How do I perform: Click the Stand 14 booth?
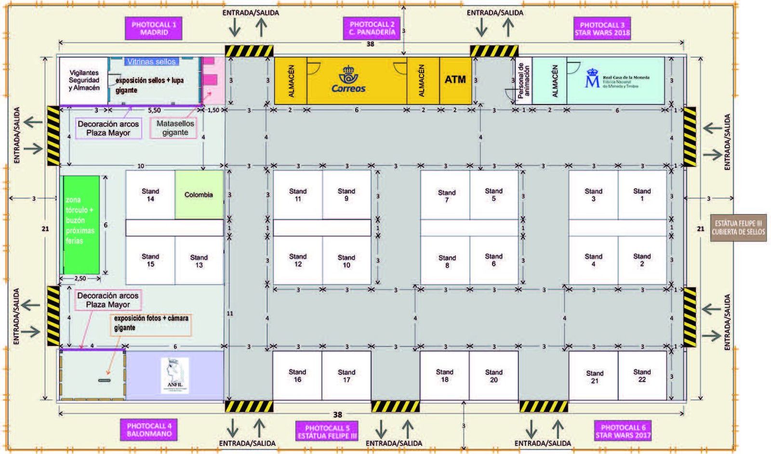tap(150, 195)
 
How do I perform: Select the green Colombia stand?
tap(199, 195)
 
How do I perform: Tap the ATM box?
tap(455, 80)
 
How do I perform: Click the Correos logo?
tap(348, 80)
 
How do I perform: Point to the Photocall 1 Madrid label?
tap(154, 28)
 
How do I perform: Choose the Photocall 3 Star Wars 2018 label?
tap(602, 28)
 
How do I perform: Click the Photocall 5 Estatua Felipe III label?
tap(327, 431)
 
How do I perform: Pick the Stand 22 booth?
tap(642, 375)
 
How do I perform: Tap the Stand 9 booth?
tap(346, 195)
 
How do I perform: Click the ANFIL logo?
tap(174, 375)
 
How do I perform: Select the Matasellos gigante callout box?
tap(174, 128)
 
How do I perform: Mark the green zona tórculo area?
tap(81, 225)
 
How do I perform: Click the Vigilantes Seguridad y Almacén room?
tap(83, 80)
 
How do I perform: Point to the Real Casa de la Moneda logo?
tap(617, 80)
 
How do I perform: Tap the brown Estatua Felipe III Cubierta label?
tap(739, 228)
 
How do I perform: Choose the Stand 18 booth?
tap(444, 375)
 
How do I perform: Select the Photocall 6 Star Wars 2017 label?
tap(623, 431)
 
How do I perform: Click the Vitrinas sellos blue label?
tap(151, 62)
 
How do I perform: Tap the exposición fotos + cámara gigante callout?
tap(151, 323)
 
